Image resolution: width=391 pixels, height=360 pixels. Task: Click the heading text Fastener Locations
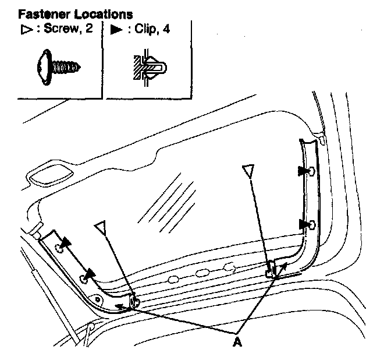75,12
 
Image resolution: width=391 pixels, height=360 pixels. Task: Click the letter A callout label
236,343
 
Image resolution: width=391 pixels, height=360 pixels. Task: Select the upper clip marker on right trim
303,171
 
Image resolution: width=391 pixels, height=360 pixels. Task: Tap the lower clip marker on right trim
303,224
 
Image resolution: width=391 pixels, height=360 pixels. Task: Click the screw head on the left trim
135,301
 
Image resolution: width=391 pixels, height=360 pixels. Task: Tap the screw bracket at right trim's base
272,269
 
